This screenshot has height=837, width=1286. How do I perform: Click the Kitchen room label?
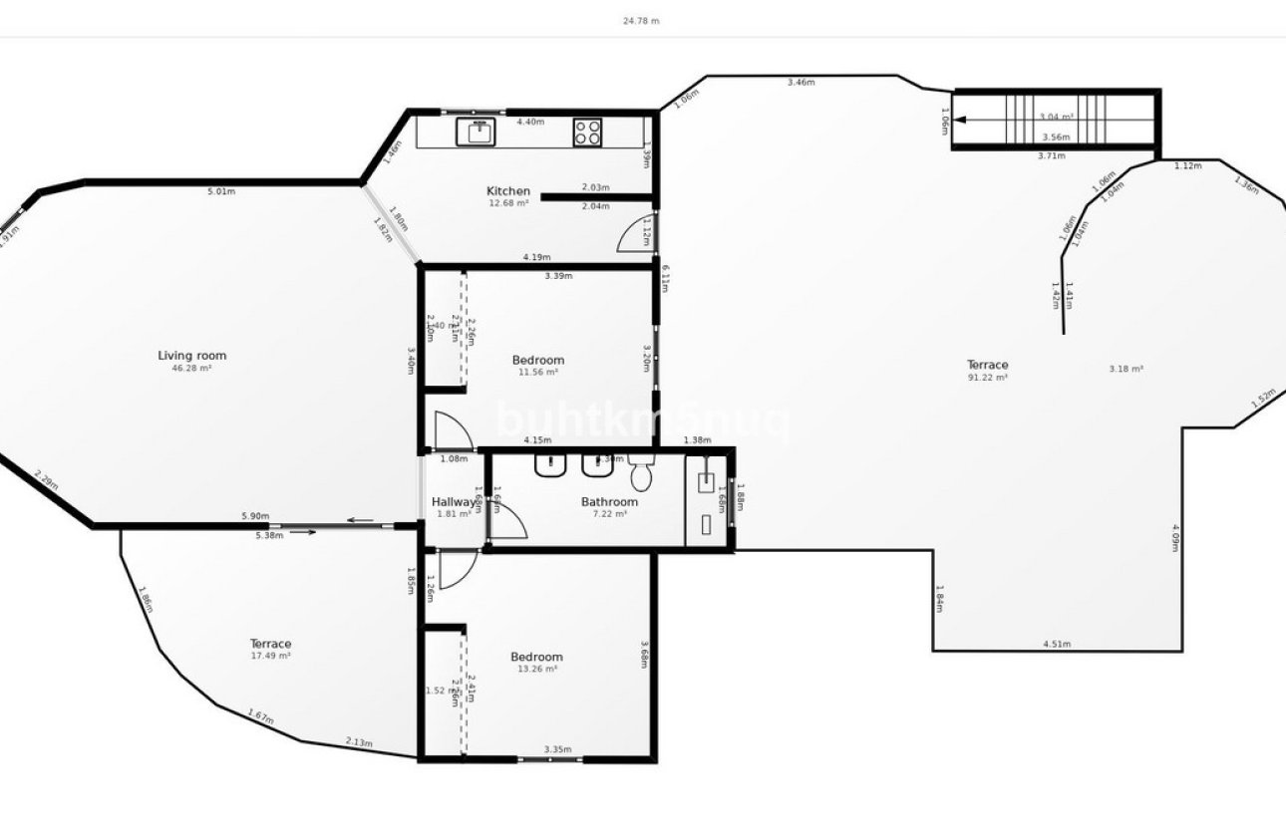pos(507,191)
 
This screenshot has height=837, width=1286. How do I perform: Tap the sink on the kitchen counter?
pos(477,132)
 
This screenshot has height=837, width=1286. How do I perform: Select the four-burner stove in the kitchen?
pos(587,132)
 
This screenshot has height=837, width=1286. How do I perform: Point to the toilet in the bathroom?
pos(641,475)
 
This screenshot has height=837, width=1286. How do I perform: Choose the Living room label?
pos(191,356)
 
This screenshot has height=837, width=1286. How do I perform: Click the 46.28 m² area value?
pos(191,369)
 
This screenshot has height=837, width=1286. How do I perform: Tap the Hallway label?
pos(454,501)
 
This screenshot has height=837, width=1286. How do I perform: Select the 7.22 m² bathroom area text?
pos(609,514)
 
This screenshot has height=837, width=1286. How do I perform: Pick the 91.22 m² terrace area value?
pos(987,378)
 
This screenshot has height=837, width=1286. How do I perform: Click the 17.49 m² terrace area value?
pos(270,657)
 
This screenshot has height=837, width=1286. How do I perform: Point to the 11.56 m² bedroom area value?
pos(537,373)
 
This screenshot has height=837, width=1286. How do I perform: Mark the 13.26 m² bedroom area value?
pos(536,670)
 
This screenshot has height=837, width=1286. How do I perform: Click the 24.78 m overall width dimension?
pos(641,20)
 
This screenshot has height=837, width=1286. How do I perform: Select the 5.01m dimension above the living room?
pos(220,191)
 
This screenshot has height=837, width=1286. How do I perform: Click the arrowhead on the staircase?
pos(959,120)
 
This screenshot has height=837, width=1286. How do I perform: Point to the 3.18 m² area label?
pos(1125,369)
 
